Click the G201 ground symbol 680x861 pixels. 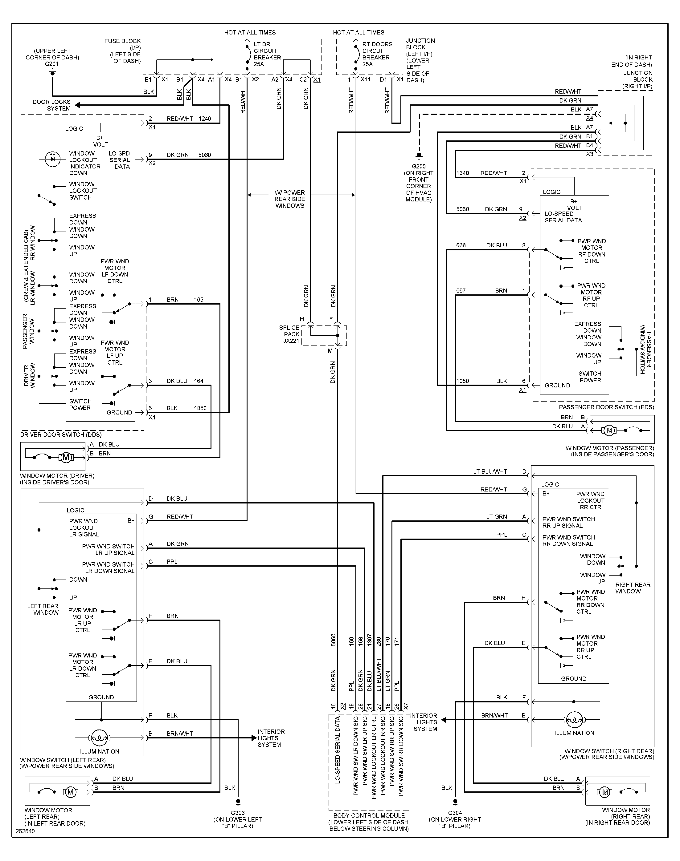tap(52, 72)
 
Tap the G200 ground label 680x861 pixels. tap(418, 167)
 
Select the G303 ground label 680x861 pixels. tap(238, 813)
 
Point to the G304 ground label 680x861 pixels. tap(455, 813)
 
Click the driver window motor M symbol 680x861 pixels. tap(66, 457)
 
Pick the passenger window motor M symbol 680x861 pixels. tap(609, 430)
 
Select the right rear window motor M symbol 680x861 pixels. tap(605, 792)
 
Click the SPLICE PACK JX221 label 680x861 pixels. tap(289, 334)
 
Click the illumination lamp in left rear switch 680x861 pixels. tap(99, 738)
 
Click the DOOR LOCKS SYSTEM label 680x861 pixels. tap(51, 105)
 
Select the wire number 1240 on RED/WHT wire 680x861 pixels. tap(205, 119)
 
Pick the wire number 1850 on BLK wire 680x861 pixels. tap(200, 408)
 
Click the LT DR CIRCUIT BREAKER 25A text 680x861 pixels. tap(267, 54)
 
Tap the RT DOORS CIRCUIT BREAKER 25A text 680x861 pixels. tap(377, 54)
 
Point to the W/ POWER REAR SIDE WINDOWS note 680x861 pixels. tap(289, 199)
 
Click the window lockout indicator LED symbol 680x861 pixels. tap(52, 159)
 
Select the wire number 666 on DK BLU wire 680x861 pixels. tap(461, 245)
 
